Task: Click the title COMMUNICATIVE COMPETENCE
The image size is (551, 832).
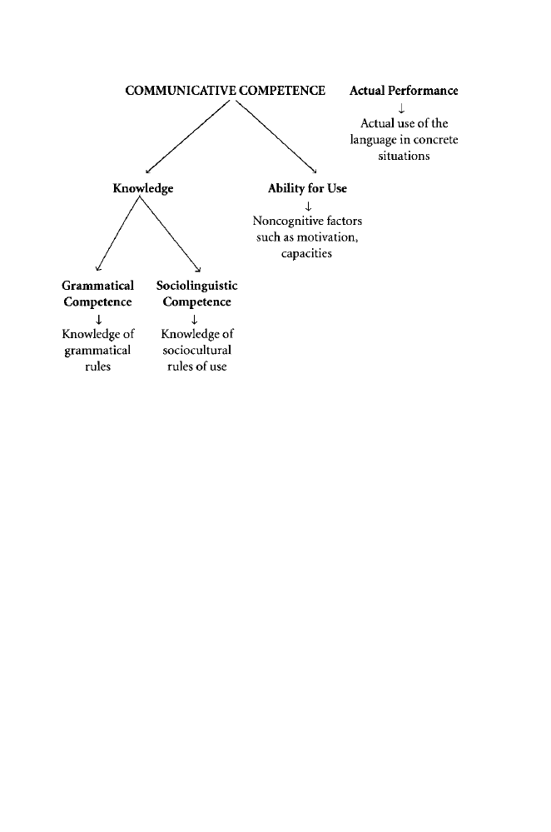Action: click(224, 91)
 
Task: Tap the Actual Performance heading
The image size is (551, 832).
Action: click(404, 91)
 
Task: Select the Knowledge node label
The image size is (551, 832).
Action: click(143, 189)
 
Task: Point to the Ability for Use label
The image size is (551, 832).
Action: click(307, 189)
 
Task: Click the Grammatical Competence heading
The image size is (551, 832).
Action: click(98, 294)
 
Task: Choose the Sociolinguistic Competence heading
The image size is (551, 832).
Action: click(197, 294)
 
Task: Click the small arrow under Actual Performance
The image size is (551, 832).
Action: click(403, 107)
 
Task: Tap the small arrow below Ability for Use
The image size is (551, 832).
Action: click(308, 206)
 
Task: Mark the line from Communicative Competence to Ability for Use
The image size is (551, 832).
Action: click(276, 137)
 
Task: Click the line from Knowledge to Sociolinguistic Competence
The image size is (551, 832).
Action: click(171, 235)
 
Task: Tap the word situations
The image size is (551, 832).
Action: click(403, 156)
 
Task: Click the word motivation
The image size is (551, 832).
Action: click(326, 237)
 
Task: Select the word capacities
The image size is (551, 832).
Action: click(307, 253)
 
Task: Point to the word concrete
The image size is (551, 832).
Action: click(430, 139)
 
